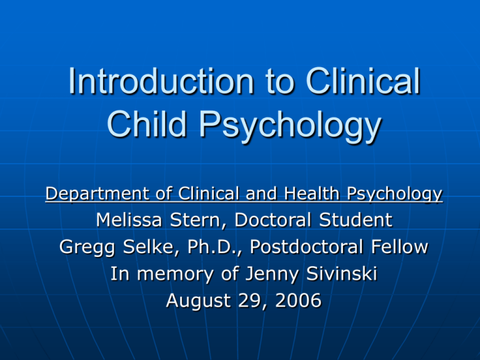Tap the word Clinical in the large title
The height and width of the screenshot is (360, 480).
point(363,81)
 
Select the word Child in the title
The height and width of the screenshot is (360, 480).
point(147,124)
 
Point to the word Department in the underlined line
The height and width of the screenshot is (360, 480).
point(98,194)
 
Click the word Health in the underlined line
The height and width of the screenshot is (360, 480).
point(312,194)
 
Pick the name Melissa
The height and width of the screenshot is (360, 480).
point(129,220)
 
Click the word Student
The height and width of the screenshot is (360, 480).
point(356,220)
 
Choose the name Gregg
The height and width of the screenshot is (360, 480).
point(87,247)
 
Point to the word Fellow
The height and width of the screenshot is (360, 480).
point(399,247)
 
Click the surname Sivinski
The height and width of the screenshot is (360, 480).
point(342,273)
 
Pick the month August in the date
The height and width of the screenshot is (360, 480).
point(198,301)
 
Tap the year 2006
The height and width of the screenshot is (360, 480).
point(299,300)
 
